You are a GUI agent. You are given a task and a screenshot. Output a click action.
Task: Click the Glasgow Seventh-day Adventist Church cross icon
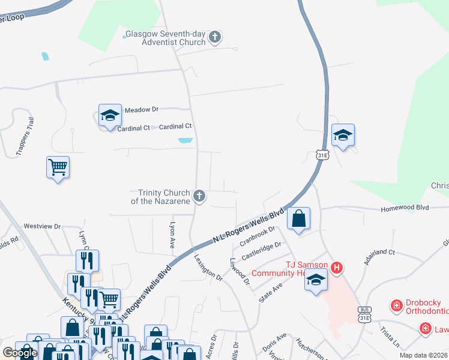click(215, 38)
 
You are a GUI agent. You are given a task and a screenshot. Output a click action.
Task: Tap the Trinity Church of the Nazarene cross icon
click(199, 196)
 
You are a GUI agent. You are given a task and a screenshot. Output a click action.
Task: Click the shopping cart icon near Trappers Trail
click(58, 167)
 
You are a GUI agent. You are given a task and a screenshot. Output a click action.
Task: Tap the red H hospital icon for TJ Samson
click(337, 268)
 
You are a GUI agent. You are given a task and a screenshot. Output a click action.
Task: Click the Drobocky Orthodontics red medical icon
click(396, 307)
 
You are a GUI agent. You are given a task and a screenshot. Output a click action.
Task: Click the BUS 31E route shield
click(364, 313)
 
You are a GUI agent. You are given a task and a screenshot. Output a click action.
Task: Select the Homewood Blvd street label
click(405, 208)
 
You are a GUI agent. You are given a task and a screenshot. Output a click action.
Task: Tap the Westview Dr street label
click(42, 226)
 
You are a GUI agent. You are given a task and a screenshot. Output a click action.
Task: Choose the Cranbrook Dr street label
click(257, 235)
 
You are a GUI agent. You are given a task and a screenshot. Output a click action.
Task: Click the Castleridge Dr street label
click(261, 251)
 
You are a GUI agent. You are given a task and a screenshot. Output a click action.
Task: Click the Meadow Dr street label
click(141, 110)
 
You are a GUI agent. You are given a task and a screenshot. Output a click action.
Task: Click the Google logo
click(20, 353)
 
